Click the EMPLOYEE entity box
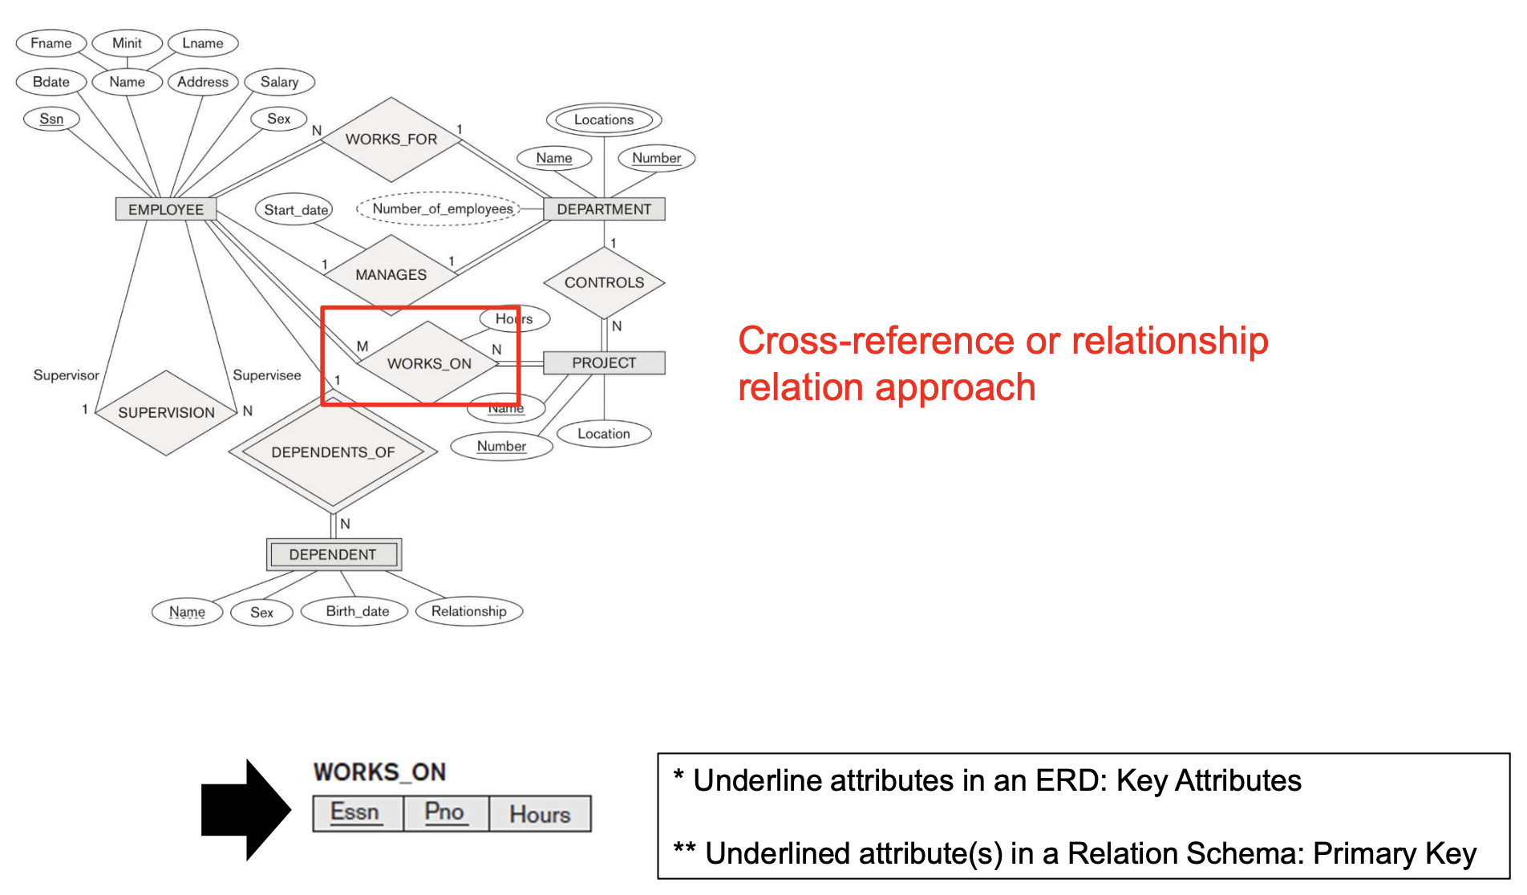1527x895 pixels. (x=166, y=209)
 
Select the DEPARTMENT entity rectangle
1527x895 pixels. (x=604, y=209)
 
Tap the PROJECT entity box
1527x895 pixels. (x=604, y=362)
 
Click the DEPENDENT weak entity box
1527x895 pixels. (x=333, y=554)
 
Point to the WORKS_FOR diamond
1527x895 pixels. (x=391, y=140)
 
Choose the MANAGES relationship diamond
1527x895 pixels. (x=391, y=274)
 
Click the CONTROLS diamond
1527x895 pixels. (x=604, y=282)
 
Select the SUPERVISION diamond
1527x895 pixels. (x=166, y=412)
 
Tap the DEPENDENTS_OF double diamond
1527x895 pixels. (x=333, y=452)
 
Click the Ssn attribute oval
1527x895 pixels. (x=51, y=119)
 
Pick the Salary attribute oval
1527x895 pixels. (x=279, y=82)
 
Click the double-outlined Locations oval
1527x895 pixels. (x=604, y=120)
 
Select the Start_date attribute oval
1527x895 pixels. (x=296, y=210)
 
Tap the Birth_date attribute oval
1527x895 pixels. (x=357, y=611)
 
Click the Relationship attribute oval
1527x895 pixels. (x=469, y=611)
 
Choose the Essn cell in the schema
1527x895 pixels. (x=355, y=812)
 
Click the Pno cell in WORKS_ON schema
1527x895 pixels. (x=445, y=812)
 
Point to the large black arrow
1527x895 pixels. (x=244, y=809)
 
